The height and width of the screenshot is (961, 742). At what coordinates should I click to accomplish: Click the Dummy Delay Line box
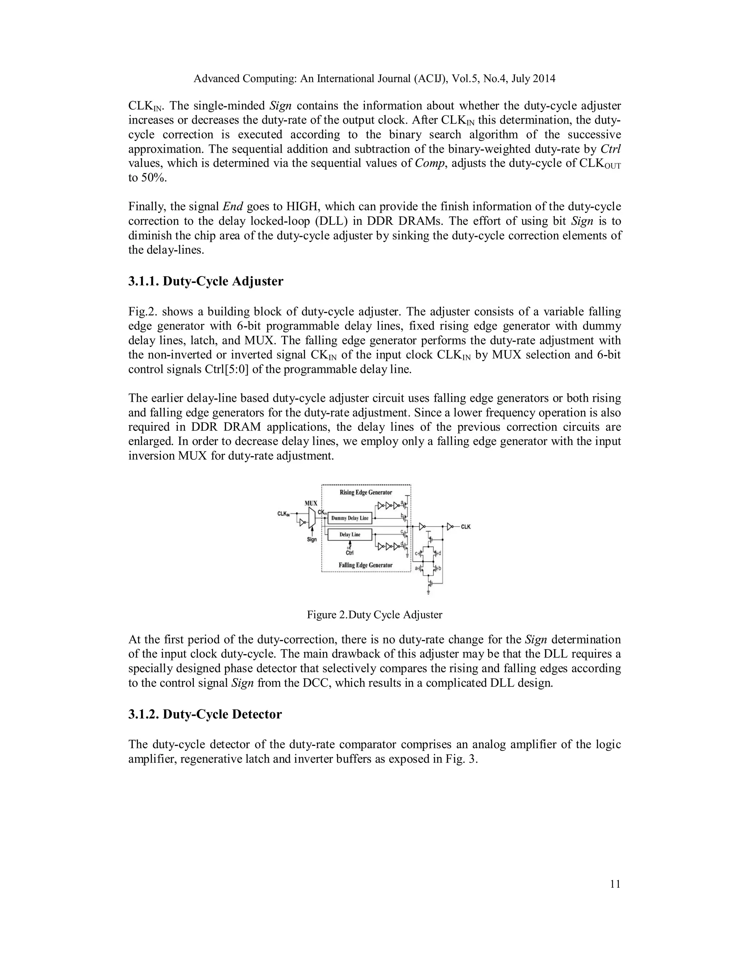(350, 518)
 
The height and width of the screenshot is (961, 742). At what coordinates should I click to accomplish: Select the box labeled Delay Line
(350, 535)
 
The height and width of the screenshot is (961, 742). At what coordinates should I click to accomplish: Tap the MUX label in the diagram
(311, 503)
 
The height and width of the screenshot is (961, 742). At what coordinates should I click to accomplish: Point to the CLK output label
(466, 527)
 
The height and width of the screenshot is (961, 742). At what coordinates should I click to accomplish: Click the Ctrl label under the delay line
(350, 553)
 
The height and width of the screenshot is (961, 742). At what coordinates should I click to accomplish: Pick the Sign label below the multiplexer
(312, 540)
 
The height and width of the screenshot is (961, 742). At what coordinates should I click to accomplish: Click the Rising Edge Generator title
(366, 492)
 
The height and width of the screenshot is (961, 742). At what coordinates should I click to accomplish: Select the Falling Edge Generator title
(366, 565)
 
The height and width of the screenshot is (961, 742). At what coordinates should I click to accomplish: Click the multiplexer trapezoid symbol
(312, 518)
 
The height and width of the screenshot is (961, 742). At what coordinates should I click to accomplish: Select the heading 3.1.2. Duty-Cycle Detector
(205, 714)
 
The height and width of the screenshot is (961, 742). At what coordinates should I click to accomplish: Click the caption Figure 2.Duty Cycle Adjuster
(375, 615)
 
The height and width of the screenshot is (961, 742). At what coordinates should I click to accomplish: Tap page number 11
(616, 884)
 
